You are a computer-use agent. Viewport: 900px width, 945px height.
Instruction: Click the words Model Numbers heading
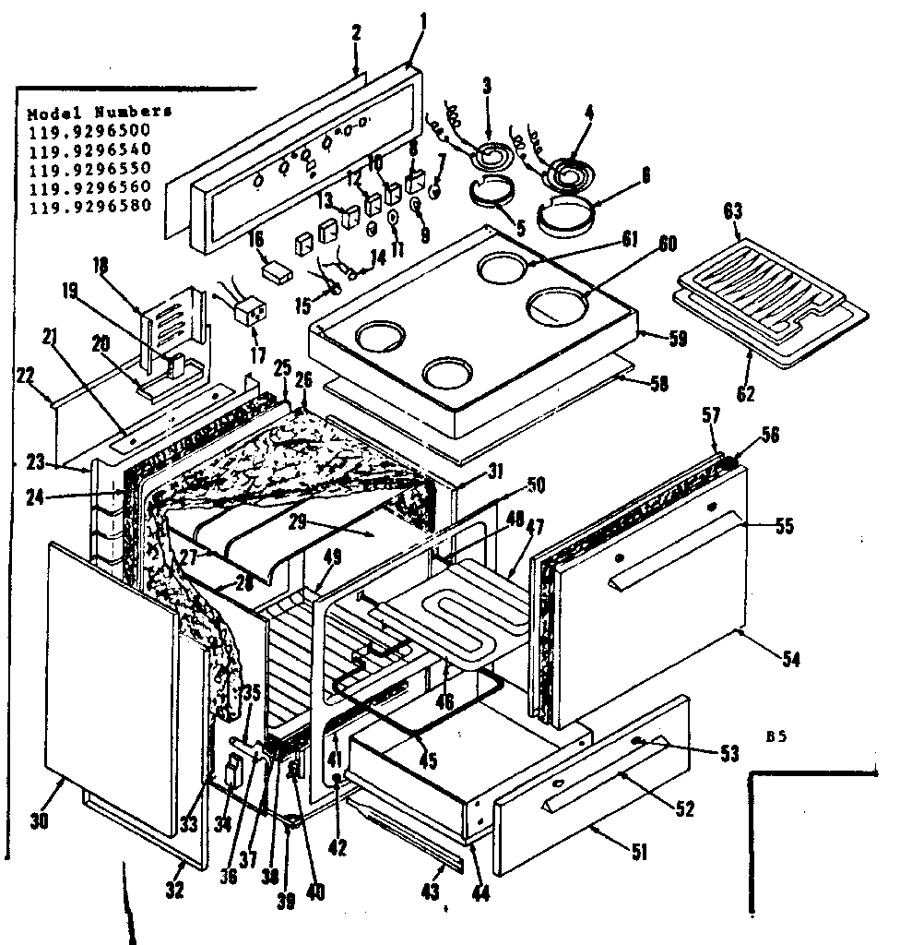[100, 112]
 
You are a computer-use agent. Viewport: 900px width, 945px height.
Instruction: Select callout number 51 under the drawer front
[638, 854]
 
